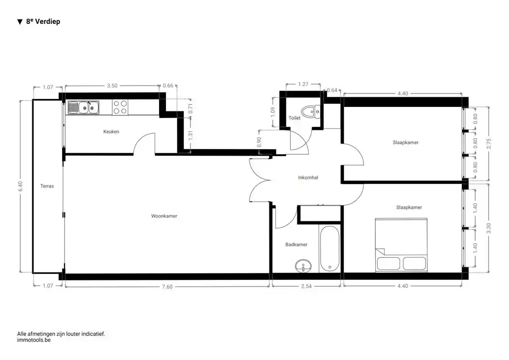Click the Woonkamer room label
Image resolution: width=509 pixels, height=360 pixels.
click(164, 216)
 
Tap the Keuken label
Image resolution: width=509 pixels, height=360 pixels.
click(111, 132)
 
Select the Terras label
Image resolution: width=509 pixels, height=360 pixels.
click(47, 186)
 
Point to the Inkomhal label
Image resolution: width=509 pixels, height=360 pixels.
click(308, 178)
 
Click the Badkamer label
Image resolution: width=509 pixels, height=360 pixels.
click(296, 245)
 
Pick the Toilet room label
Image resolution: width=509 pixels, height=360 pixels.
click(294, 118)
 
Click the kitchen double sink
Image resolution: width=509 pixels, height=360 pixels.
click(84, 107)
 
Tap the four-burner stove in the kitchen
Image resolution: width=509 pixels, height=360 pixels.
click(120, 107)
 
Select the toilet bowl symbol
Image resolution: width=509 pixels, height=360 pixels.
click(312, 111)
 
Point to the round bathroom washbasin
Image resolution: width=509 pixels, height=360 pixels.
click(302, 266)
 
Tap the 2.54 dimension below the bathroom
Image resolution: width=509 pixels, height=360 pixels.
click(306, 286)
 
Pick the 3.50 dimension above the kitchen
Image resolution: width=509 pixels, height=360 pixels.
click(112, 86)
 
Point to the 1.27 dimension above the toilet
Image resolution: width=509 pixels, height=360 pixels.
click(303, 85)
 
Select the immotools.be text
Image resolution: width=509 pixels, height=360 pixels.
click(34, 341)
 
